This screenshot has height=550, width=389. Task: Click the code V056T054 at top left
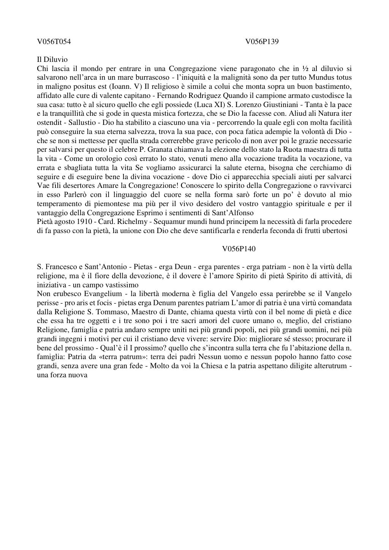point(54,42)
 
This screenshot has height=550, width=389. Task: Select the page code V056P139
point(262,42)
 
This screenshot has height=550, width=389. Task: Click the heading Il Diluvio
point(52,60)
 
